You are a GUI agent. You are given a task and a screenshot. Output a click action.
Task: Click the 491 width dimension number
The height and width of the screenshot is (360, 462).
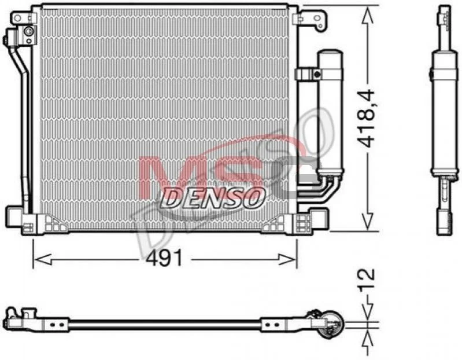point(164,259)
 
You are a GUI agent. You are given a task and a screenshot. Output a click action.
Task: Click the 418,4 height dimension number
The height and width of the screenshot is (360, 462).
point(366,119)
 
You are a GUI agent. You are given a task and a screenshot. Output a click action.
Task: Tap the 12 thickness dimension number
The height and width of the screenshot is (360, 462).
point(367,278)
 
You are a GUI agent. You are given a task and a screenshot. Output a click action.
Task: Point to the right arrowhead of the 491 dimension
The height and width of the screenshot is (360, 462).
point(287,259)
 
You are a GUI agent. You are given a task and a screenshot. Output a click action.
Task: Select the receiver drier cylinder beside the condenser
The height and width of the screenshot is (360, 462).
point(330,113)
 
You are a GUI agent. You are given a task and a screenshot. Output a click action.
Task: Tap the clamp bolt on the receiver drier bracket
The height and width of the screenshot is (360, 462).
point(317,74)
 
